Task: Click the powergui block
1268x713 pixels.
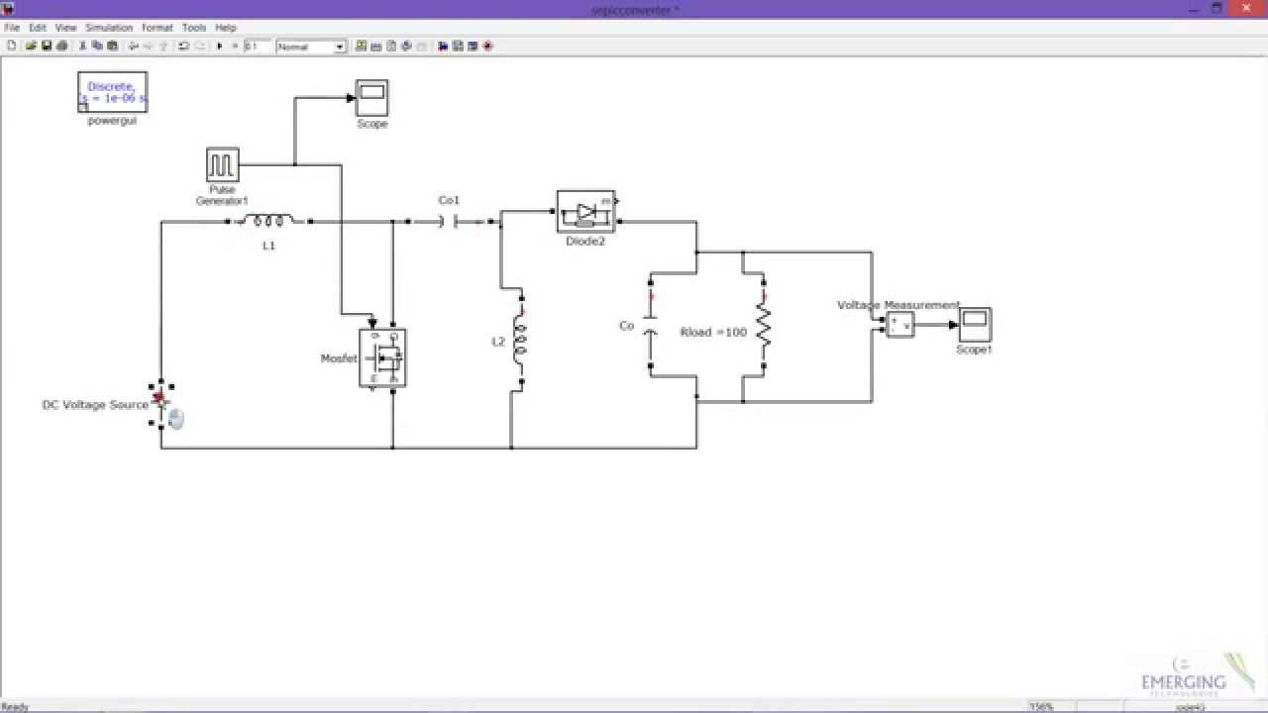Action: pyautogui.click(x=112, y=92)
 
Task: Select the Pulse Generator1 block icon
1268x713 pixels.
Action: pyautogui.click(x=222, y=164)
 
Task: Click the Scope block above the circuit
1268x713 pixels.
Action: pyautogui.click(x=372, y=98)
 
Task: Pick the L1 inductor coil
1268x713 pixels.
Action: pyautogui.click(x=268, y=222)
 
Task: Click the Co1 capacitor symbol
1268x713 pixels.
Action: pyautogui.click(x=449, y=222)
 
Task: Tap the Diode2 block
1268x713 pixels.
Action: pyautogui.click(x=585, y=212)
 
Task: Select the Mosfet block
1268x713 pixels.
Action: pyautogui.click(x=382, y=357)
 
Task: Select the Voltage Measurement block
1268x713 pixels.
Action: pyautogui.click(x=899, y=325)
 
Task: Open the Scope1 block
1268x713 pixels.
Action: pyautogui.click(x=975, y=324)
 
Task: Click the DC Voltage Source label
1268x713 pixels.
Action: pyautogui.click(x=95, y=405)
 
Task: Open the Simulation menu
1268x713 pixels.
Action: pyautogui.click(x=109, y=28)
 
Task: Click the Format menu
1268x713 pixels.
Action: pyautogui.click(x=157, y=28)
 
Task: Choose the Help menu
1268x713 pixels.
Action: pyautogui.click(x=226, y=28)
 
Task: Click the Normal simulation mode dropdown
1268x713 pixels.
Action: pyautogui.click(x=311, y=47)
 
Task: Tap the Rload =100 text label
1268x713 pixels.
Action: pyautogui.click(x=713, y=333)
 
